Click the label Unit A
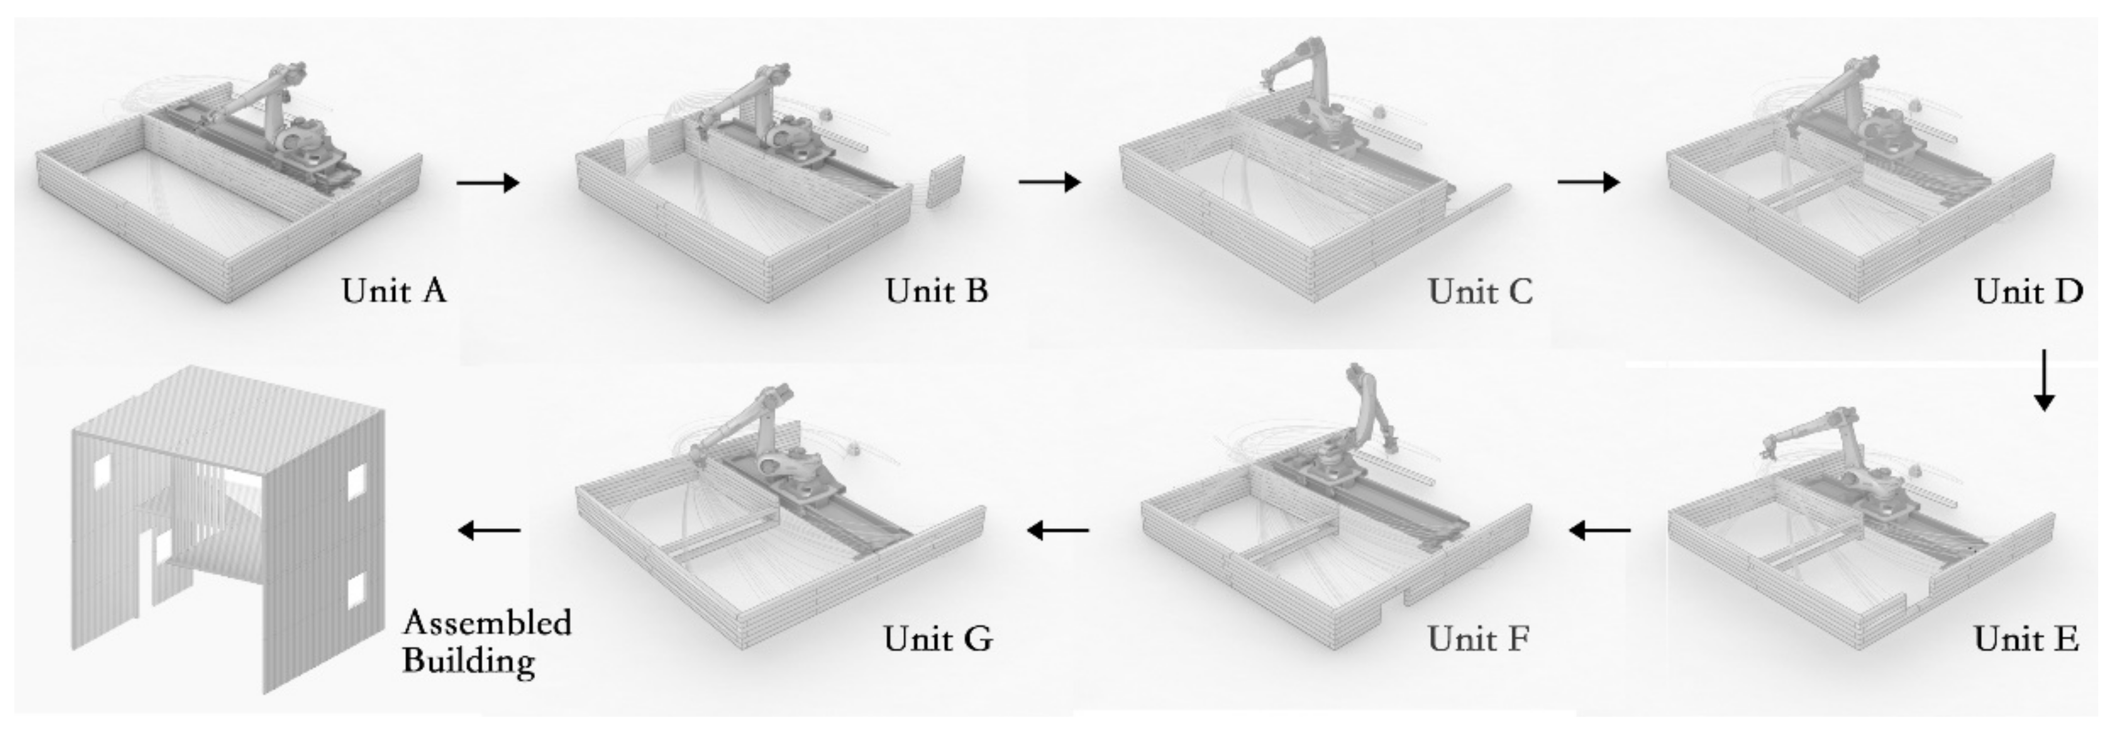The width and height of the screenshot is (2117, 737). click(x=394, y=291)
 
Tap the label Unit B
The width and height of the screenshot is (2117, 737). click(x=936, y=291)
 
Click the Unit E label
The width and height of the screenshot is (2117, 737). click(x=2026, y=638)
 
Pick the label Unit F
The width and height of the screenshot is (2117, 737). click(x=1478, y=638)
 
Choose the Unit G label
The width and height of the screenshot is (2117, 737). click(x=938, y=638)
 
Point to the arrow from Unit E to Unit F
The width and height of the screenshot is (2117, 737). click(x=1599, y=531)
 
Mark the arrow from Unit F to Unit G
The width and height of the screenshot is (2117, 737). click(x=1059, y=531)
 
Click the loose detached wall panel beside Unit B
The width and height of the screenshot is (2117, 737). click(x=945, y=181)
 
